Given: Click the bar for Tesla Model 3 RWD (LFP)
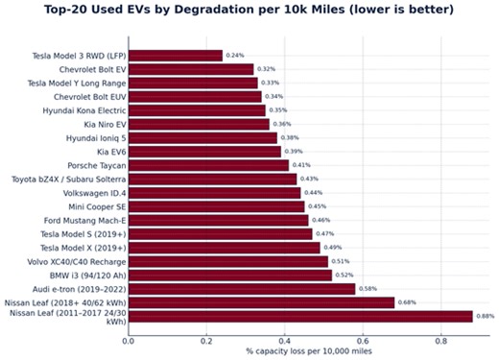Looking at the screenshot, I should [x=175, y=56].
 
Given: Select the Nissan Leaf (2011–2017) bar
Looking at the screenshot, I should [x=299, y=316].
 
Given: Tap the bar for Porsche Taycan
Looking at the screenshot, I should [x=207, y=165].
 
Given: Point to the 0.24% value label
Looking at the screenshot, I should [x=234, y=56].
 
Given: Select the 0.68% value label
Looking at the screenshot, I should [x=407, y=302].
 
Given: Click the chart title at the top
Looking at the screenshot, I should [x=249, y=10].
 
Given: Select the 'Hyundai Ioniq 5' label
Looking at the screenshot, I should [x=94, y=138].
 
